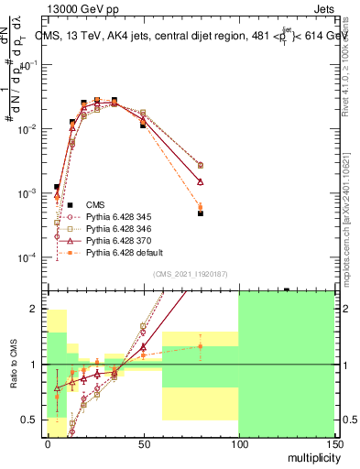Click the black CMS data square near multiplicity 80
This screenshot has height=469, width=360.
(200, 213)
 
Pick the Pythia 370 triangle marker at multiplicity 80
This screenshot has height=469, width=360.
(200, 182)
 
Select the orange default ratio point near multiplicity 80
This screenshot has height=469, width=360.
(200, 346)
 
